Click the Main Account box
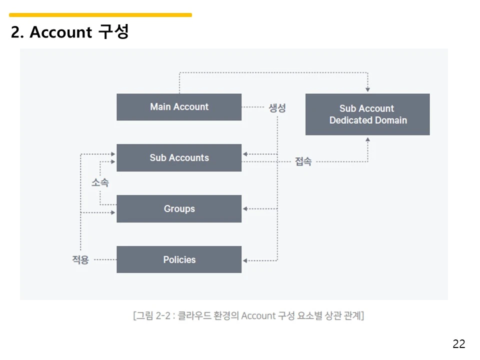(x=179, y=107)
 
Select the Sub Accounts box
(x=179, y=157)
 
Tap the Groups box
(x=179, y=209)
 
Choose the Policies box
(x=179, y=259)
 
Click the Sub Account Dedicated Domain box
(x=367, y=114)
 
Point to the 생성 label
(x=277, y=108)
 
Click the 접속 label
(x=303, y=161)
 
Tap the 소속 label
(x=100, y=182)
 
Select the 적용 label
(x=80, y=259)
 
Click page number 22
(x=459, y=344)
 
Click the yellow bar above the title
(x=100, y=15)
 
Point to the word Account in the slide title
(x=60, y=32)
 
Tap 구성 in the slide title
(x=114, y=31)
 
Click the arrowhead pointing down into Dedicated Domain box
(x=367, y=89)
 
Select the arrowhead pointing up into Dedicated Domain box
(x=367, y=139)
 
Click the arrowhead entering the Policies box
(x=245, y=260)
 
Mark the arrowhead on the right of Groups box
(x=245, y=209)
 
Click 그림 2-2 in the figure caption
(x=153, y=315)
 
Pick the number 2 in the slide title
(x=15, y=32)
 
